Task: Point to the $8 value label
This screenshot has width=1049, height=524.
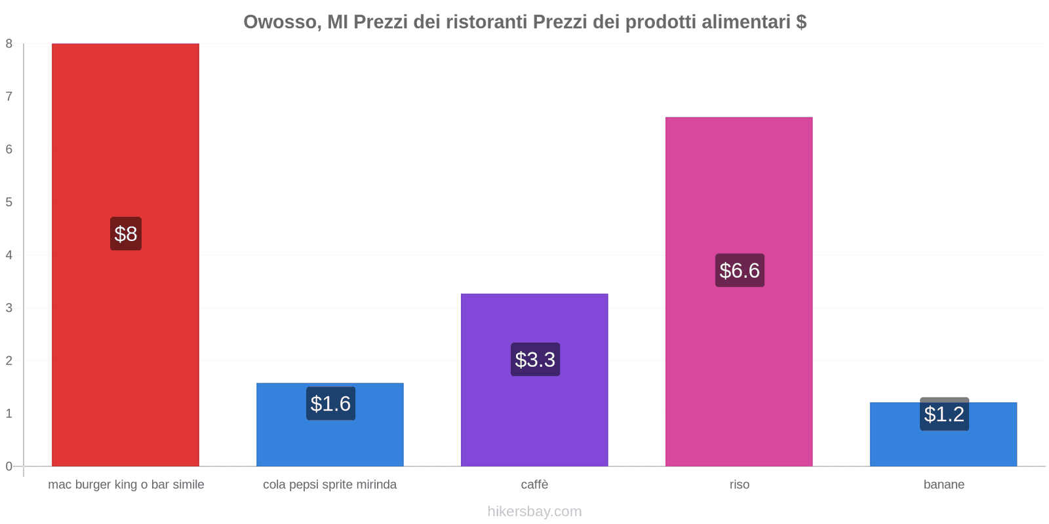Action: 125,234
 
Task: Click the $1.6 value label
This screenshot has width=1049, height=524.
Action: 330,403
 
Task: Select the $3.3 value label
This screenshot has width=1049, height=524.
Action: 535,360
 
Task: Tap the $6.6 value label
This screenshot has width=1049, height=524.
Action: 740,271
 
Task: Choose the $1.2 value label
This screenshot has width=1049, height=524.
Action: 944,414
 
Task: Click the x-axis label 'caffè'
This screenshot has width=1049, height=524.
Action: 534,485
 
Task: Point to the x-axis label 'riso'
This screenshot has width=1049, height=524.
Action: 739,485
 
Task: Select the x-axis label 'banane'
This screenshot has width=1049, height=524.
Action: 943,485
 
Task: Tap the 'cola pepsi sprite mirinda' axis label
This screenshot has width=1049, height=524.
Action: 330,485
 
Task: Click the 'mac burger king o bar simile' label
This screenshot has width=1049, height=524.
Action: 126,485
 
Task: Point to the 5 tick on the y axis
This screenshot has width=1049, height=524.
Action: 9,202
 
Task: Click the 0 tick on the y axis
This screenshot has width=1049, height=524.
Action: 9,466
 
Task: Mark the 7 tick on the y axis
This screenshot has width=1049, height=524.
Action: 9,96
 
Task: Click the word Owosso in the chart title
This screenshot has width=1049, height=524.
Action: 282,22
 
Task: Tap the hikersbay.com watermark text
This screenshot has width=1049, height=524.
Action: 534,512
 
